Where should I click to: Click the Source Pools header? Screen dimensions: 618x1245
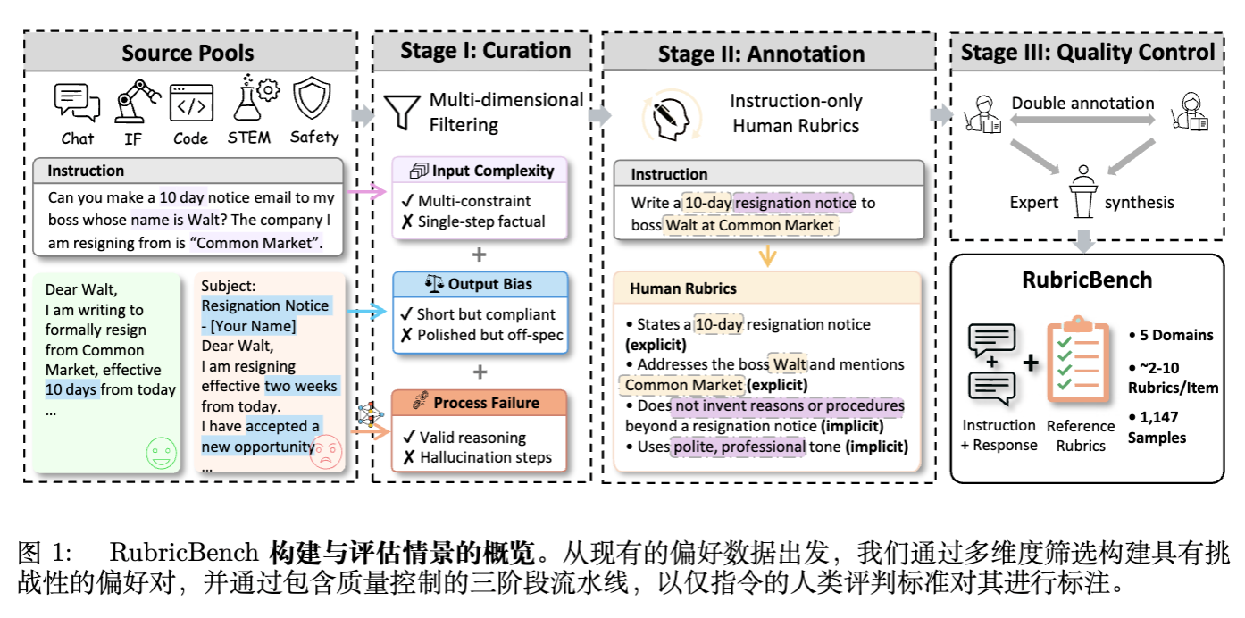point(188,53)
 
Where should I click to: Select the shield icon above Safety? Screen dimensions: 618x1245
point(313,99)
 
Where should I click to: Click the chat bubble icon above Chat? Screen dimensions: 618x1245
point(77,102)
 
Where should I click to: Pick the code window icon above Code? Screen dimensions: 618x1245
point(191,103)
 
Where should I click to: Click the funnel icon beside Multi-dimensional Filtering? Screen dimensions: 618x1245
point(401,111)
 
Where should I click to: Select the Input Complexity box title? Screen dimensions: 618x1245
point(480,171)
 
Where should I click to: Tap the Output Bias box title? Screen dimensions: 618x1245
point(480,284)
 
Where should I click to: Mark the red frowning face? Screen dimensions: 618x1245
point(325,452)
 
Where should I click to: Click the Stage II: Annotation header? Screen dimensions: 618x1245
point(761,54)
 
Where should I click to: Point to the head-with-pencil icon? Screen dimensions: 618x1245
point(665,118)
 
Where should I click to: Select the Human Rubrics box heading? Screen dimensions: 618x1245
point(683,288)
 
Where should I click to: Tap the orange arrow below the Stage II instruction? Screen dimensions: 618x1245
point(767,255)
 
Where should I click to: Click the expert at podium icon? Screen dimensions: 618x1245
point(1083,191)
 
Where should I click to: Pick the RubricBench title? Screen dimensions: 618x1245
point(1087,280)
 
